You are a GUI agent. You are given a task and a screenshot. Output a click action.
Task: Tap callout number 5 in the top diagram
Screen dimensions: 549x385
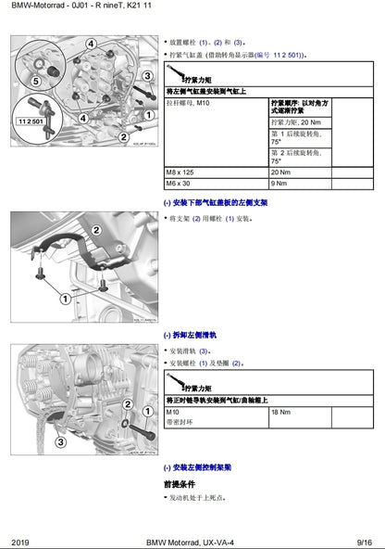pyautogui.click(x=36, y=81)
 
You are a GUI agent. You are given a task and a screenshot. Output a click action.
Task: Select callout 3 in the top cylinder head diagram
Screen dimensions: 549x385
pyautogui.click(x=146, y=76)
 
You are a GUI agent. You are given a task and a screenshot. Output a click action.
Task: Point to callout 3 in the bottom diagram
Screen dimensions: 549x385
pyautogui.click(x=60, y=442)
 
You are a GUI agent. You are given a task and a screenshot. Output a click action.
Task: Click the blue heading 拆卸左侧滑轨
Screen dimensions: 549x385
pyautogui.click(x=193, y=335)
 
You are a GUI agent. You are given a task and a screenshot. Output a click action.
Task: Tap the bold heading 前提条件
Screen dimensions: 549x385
pyautogui.click(x=180, y=483)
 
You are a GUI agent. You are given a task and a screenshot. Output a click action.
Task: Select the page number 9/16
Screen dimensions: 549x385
pyautogui.click(x=365, y=541)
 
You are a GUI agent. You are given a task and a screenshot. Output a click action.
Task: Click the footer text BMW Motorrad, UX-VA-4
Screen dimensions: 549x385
pyautogui.click(x=192, y=541)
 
